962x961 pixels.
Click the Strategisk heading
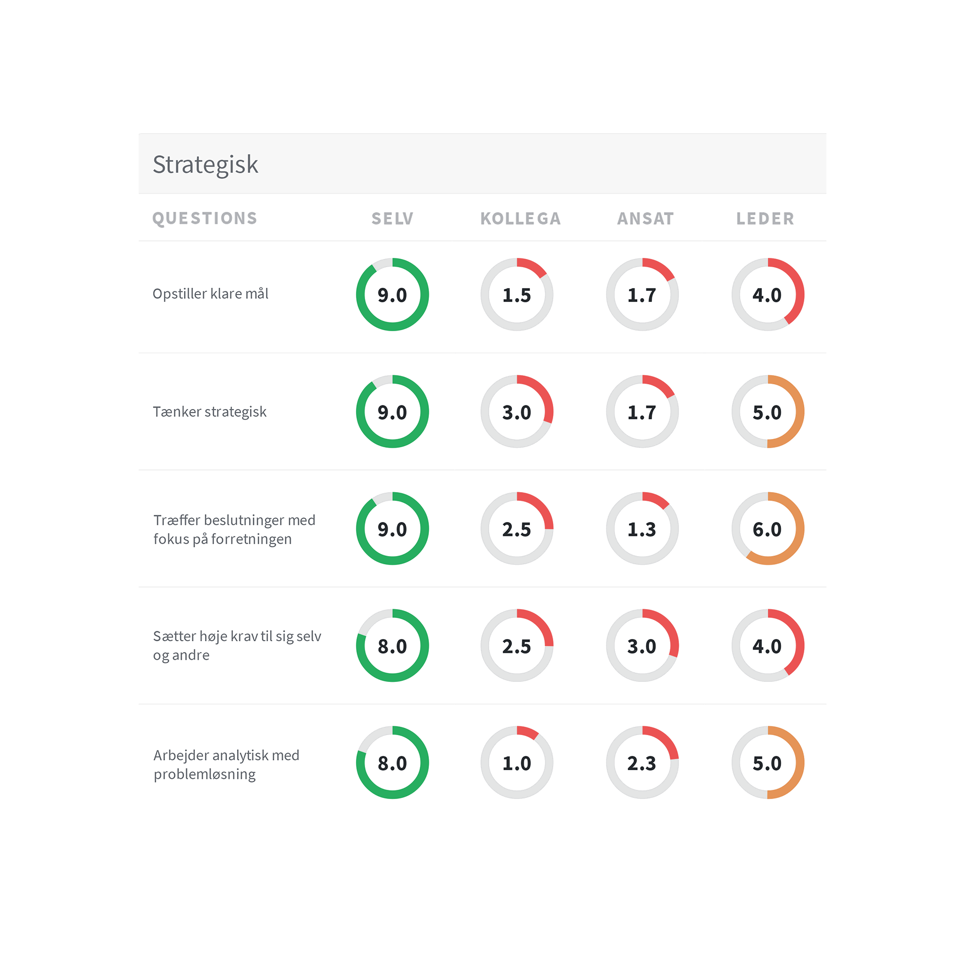pos(205,165)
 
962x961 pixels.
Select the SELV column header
pos(392,219)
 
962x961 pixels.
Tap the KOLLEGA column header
pos(520,219)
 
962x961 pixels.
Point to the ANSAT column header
pos(645,219)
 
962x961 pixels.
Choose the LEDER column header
pos(765,219)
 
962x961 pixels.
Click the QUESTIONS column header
pos(205,219)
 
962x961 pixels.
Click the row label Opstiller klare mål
pos(210,294)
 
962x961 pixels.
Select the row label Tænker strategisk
pos(209,412)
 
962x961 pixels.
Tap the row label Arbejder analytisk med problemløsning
pos(226,764)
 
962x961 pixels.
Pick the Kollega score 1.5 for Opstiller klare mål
pos(517,295)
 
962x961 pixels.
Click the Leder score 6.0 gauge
pos(768,529)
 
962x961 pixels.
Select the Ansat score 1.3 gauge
pos(642,529)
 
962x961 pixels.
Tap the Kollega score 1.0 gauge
pos(517,762)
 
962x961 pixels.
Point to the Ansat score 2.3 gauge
pos(642,762)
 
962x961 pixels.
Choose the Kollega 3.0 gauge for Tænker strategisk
pos(517,412)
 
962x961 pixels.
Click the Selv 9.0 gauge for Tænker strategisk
pos(392,412)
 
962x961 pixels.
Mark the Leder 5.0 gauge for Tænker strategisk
pos(768,412)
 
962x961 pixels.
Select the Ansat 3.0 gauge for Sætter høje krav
pos(642,646)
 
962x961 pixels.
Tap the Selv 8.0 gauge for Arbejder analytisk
pos(392,762)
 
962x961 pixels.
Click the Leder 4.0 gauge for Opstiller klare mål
pos(768,295)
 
